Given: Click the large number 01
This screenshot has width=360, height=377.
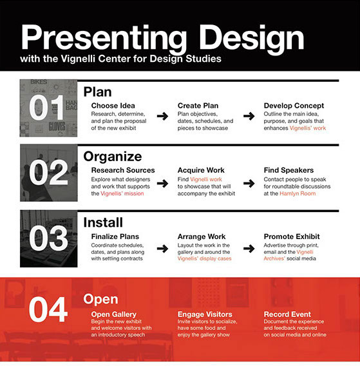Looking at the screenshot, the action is [46, 107].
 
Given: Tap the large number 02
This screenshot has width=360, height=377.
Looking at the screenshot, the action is [48, 173].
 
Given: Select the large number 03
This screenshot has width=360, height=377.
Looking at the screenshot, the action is [48, 238].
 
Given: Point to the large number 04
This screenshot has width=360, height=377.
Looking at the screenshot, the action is [48, 309].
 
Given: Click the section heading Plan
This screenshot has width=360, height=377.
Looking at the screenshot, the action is [98, 92].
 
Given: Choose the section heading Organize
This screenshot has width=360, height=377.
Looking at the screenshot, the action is [113, 157].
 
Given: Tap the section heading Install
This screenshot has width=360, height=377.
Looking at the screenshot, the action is [103, 222].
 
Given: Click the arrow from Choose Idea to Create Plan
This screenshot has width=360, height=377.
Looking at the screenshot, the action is [162, 117].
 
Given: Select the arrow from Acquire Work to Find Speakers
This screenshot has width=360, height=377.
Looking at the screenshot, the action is [249, 184].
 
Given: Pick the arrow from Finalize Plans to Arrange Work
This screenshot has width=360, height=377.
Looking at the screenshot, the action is [162, 249].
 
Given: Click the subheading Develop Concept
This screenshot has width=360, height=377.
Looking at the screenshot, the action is [294, 106].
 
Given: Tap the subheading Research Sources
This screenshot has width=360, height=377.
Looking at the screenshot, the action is [123, 170].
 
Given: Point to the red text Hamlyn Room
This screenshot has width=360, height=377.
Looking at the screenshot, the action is [298, 193].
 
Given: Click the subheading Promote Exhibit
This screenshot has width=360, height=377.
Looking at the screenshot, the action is [292, 237].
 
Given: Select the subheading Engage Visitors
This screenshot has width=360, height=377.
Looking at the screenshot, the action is [205, 314].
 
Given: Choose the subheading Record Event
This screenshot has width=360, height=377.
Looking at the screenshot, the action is [287, 314].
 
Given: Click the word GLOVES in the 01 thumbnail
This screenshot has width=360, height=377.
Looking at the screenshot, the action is [57, 126].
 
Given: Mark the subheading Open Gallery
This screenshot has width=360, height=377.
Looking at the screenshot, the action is [114, 314].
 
